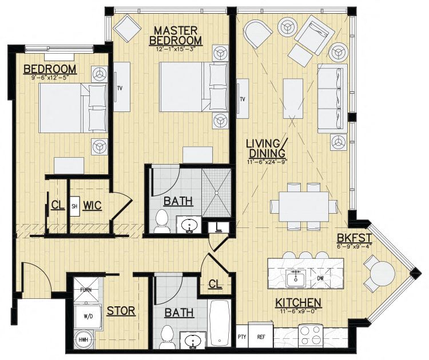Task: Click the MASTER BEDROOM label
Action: pyautogui.click(x=176, y=35)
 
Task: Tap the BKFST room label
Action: pyautogui.click(x=354, y=238)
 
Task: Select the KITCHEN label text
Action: pyautogui.click(x=298, y=303)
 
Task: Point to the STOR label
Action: pyautogui.click(x=121, y=311)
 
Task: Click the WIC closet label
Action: pyautogui.click(x=93, y=206)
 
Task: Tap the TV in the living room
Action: pyautogui.click(x=243, y=99)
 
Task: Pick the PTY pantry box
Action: pyautogui.click(x=242, y=336)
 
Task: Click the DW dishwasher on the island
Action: pyautogui.click(x=320, y=278)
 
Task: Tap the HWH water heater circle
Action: pyautogui.click(x=84, y=340)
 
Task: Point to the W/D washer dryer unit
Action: pyautogui.click(x=88, y=317)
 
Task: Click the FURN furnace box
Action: pyautogui.click(x=86, y=290)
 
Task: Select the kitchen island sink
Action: pyautogui.click(x=296, y=278)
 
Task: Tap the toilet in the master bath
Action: pyautogui.click(x=161, y=221)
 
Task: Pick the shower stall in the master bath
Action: pyautogui.click(x=217, y=193)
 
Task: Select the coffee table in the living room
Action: pyautogui.click(x=293, y=98)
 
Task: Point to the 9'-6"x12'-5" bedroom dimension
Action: pyautogui.click(x=50, y=78)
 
